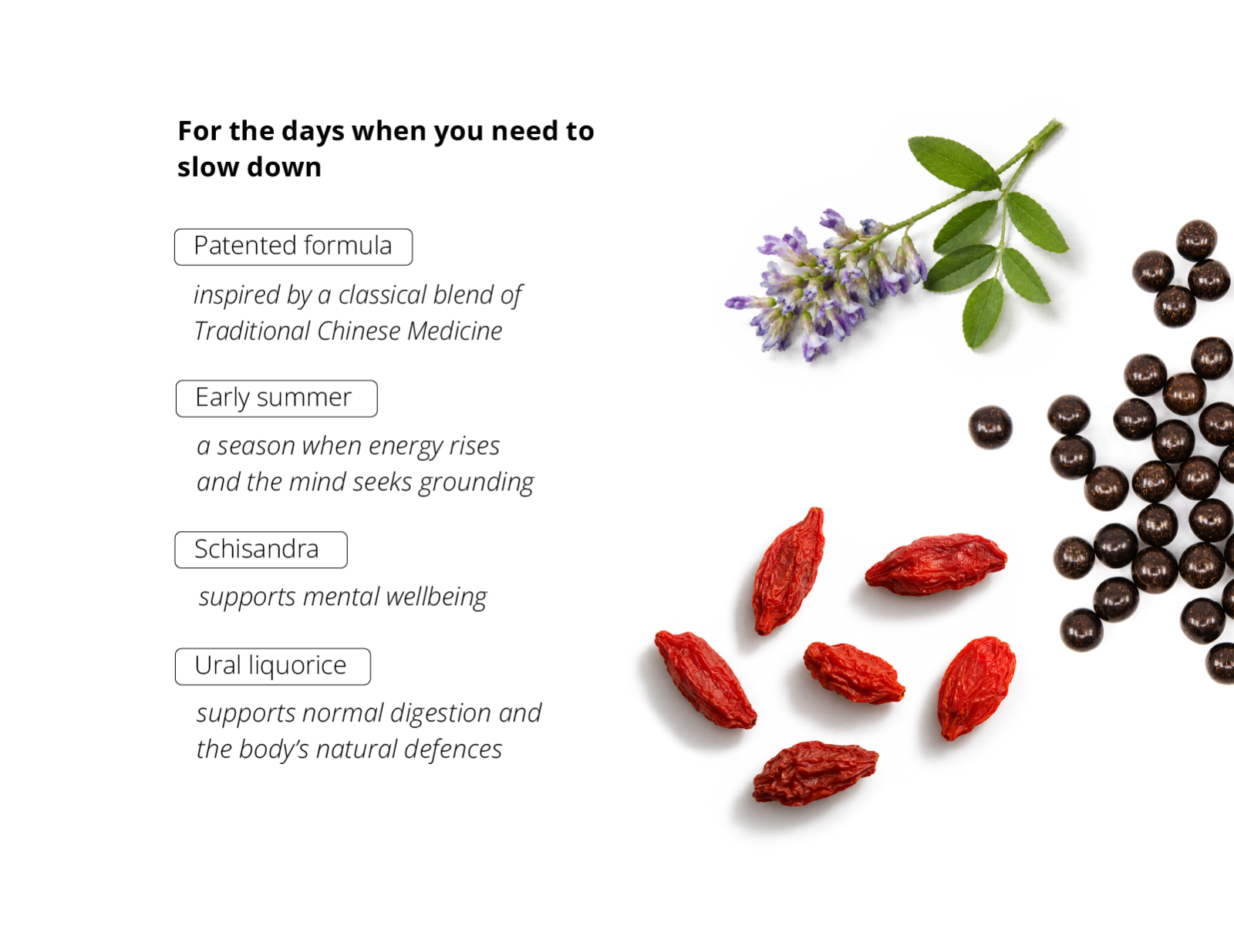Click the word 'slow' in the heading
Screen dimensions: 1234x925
pos(207,166)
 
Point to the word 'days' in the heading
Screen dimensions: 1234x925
pos(312,131)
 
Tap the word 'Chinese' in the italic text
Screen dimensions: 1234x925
pos(358,331)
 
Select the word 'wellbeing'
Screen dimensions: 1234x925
pos(437,597)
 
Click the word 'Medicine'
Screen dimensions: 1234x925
pos(454,331)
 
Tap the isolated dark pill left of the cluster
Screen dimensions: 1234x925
pos(990,427)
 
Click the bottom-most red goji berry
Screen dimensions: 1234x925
pos(815,773)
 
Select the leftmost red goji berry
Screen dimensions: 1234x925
pos(705,679)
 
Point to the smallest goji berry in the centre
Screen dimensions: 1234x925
pos(854,672)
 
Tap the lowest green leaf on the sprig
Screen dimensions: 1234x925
pos(983,312)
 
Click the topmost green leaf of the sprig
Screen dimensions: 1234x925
pos(954,163)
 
